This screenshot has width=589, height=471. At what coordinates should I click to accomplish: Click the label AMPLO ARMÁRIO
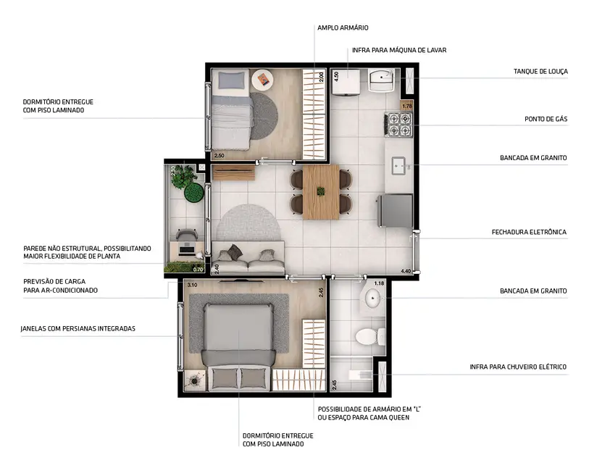point(343,28)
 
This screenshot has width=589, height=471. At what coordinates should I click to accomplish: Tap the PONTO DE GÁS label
point(546,119)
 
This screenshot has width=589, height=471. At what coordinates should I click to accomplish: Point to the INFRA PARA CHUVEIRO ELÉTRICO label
point(518,367)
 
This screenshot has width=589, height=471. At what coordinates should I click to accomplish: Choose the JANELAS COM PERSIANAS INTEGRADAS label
point(78,329)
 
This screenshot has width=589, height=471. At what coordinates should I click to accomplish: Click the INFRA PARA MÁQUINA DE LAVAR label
point(399,50)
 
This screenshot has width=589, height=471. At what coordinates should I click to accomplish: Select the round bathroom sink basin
point(373,298)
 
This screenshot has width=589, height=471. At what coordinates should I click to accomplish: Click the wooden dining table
point(320,192)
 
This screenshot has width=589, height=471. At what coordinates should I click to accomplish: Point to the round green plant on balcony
point(193,193)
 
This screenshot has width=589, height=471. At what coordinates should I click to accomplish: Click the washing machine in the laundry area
point(345,83)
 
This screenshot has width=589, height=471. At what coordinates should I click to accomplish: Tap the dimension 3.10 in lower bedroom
point(192,285)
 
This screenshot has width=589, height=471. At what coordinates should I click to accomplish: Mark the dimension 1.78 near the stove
point(406,107)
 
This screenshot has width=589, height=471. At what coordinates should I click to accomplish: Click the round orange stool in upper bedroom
point(262,78)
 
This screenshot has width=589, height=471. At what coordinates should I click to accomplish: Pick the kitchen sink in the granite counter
point(398,167)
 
